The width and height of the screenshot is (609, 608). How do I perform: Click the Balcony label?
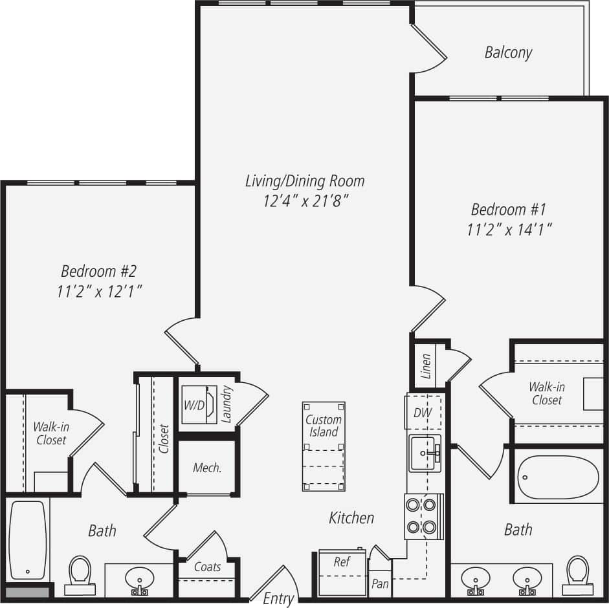[x=508, y=52]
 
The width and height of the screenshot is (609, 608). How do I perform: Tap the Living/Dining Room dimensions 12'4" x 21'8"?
[x=305, y=201]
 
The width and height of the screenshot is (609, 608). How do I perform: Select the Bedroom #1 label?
[x=509, y=210]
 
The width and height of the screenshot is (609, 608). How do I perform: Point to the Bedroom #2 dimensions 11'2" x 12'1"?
[x=99, y=292]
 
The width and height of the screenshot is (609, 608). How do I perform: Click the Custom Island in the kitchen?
[x=324, y=447]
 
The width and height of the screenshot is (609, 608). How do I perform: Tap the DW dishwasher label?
[x=423, y=413]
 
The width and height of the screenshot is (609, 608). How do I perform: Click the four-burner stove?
[x=424, y=516]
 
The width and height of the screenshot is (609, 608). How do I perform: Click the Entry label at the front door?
[x=278, y=599]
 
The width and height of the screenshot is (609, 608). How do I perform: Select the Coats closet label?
[x=207, y=567]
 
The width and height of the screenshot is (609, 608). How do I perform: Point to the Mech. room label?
[x=207, y=468]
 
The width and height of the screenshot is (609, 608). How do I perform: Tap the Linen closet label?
[x=426, y=366]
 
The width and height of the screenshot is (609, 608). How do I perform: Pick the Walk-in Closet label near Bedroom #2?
[x=50, y=433]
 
